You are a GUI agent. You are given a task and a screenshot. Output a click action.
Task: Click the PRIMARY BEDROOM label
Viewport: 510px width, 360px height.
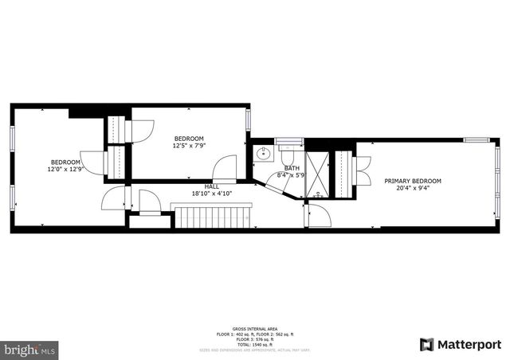(x=412, y=181)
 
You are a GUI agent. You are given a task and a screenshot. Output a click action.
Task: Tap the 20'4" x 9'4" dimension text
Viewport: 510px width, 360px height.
(x=412, y=189)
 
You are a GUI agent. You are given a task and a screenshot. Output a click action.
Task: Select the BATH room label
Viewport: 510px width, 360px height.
(x=292, y=168)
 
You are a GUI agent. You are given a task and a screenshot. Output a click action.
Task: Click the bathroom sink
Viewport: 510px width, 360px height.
(x=264, y=155)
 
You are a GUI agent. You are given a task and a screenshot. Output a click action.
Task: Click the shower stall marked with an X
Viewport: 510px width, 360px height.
(x=316, y=173)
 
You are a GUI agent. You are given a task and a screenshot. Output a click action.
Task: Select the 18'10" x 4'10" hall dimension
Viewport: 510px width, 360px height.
(x=211, y=194)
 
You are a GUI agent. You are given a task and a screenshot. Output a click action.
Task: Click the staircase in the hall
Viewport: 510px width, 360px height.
(x=212, y=216)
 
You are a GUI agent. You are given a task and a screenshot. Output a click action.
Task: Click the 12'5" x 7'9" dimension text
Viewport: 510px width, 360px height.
(x=189, y=146)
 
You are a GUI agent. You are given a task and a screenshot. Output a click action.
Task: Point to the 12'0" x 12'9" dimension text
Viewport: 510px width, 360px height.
(x=65, y=169)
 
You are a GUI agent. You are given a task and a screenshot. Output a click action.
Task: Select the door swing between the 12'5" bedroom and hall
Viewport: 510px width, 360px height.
(x=226, y=167)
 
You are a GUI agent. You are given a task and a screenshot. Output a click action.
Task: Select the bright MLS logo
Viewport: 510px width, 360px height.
(x=30, y=349)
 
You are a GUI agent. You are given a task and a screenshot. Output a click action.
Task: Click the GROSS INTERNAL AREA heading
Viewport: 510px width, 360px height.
(x=255, y=329)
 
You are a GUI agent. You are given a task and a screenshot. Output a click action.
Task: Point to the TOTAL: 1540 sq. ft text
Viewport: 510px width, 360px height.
(x=255, y=343)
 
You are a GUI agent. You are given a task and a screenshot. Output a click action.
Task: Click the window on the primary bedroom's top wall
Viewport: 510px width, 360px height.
(x=476, y=140)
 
